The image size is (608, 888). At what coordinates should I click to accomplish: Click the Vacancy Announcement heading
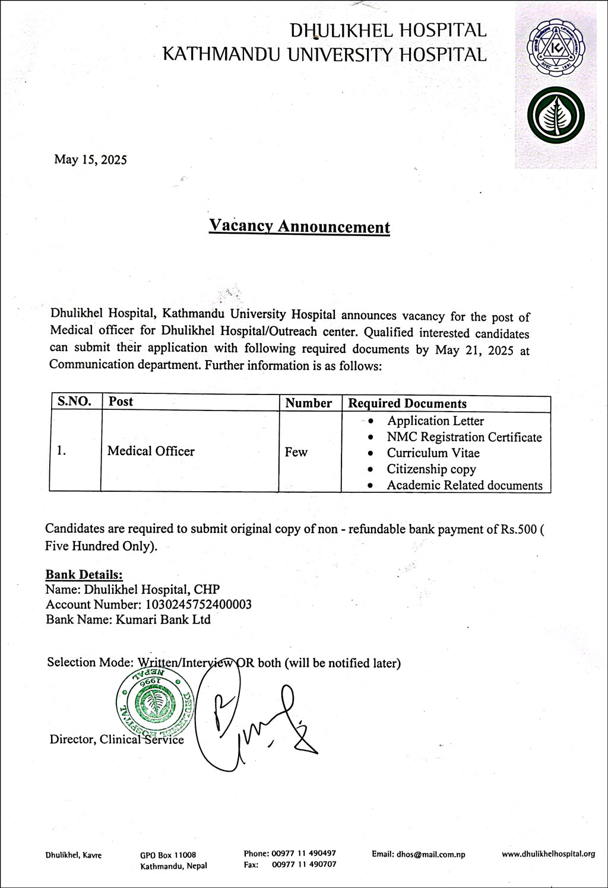(x=299, y=227)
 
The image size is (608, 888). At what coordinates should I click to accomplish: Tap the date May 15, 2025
(x=90, y=160)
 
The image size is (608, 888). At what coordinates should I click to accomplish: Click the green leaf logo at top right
(x=555, y=116)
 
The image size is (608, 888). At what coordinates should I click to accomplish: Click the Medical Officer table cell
(x=151, y=451)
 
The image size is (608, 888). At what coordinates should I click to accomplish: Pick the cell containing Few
(x=296, y=453)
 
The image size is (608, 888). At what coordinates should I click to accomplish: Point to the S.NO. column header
(x=75, y=402)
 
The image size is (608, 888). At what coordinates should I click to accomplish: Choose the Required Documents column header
(x=407, y=403)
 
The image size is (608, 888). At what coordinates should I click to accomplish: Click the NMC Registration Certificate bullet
(x=464, y=437)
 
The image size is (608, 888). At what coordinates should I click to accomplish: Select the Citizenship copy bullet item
(x=432, y=469)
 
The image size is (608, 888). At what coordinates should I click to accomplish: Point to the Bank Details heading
(x=84, y=574)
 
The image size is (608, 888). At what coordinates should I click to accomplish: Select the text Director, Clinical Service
(x=116, y=740)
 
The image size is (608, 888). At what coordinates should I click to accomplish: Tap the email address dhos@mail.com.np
(x=418, y=855)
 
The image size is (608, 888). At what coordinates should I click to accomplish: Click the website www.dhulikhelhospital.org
(x=548, y=854)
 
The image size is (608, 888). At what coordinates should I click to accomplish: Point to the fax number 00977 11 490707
(x=304, y=865)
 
